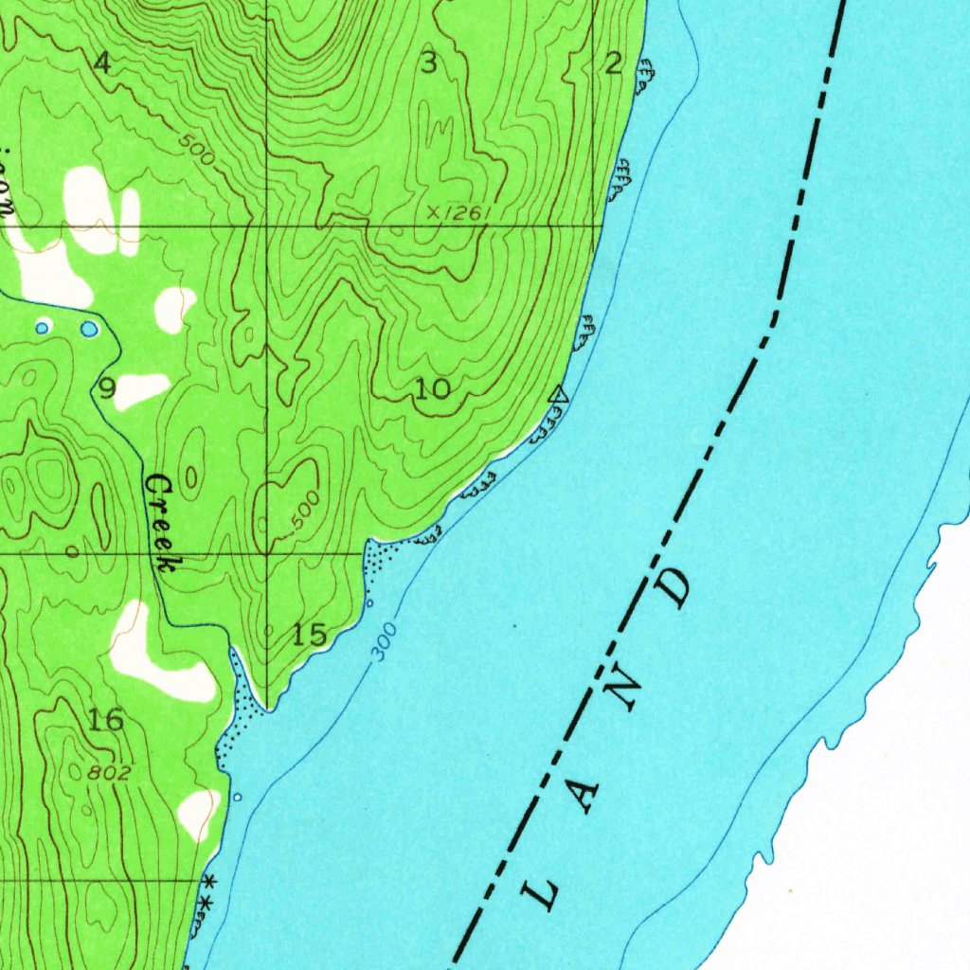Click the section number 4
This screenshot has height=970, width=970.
click(102, 63)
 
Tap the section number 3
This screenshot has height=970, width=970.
click(430, 63)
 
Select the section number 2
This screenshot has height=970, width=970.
click(613, 63)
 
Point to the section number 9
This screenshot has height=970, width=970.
click(107, 387)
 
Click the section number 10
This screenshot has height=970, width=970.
click(433, 387)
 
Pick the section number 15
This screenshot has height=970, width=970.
click(310, 635)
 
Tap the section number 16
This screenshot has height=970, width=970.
click(106, 720)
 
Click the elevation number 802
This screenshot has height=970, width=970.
click(109, 773)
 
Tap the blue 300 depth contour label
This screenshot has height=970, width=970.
click(385, 641)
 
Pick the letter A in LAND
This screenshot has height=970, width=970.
click(584, 796)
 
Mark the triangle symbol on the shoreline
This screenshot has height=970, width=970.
click(560, 394)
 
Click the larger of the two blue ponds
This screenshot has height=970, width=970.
click(88, 329)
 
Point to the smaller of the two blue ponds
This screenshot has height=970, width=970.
click(42, 328)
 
